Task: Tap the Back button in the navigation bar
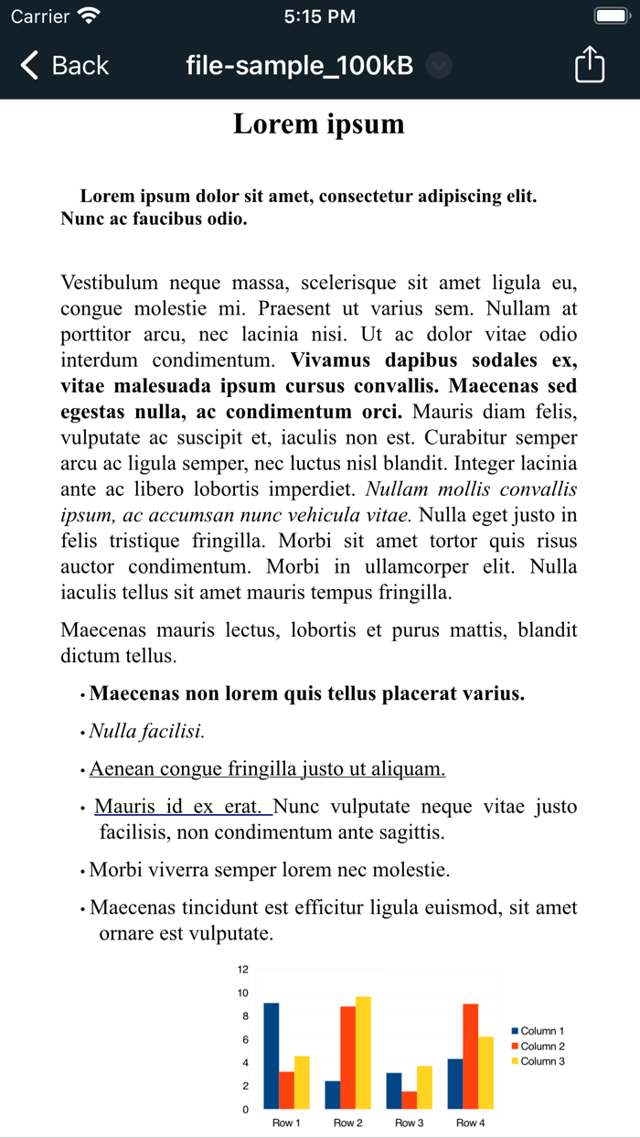point(64,66)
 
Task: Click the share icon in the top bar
point(590,65)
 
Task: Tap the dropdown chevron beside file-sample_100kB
point(440,66)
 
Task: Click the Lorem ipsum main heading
point(318,123)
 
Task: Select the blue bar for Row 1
point(272,1056)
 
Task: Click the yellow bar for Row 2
point(363,1052)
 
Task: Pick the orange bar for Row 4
point(471,1056)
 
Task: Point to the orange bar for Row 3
point(409,1100)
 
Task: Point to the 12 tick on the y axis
point(242,970)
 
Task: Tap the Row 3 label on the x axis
point(409,1122)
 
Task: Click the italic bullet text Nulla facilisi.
point(146,731)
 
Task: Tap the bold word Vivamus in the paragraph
point(331,360)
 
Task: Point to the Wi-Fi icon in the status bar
point(89,16)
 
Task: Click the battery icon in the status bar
point(610,16)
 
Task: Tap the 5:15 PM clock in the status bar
point(319,16)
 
